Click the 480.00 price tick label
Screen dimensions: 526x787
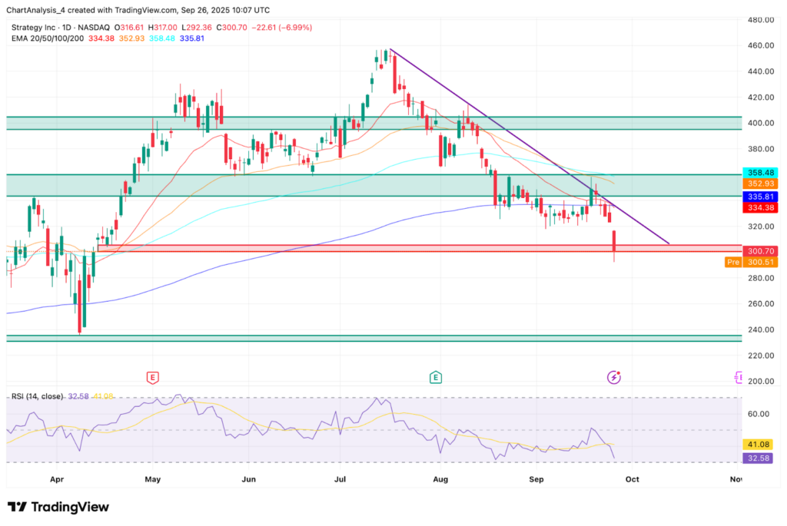(x=759, y=20)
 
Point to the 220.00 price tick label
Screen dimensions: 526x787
(x=759, y=356)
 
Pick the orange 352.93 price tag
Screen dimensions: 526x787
(x=759, y=184)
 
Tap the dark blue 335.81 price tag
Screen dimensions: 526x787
(x=759, y=197)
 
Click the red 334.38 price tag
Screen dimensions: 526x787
(x=759, y=207)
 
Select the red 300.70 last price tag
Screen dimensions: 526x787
(x=759, y=251)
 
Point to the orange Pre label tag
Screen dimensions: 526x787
(x=733, y=262)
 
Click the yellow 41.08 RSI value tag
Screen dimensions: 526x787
(x=759, y=444)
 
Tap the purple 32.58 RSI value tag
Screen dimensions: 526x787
(x=759, y=458)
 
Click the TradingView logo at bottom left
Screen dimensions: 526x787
(x=58, y=507)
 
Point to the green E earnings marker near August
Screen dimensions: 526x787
(x=436, y=377)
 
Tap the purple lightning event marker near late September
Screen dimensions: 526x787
(x=614, y=377)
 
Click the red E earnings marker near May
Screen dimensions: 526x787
(x=153, y=377)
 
